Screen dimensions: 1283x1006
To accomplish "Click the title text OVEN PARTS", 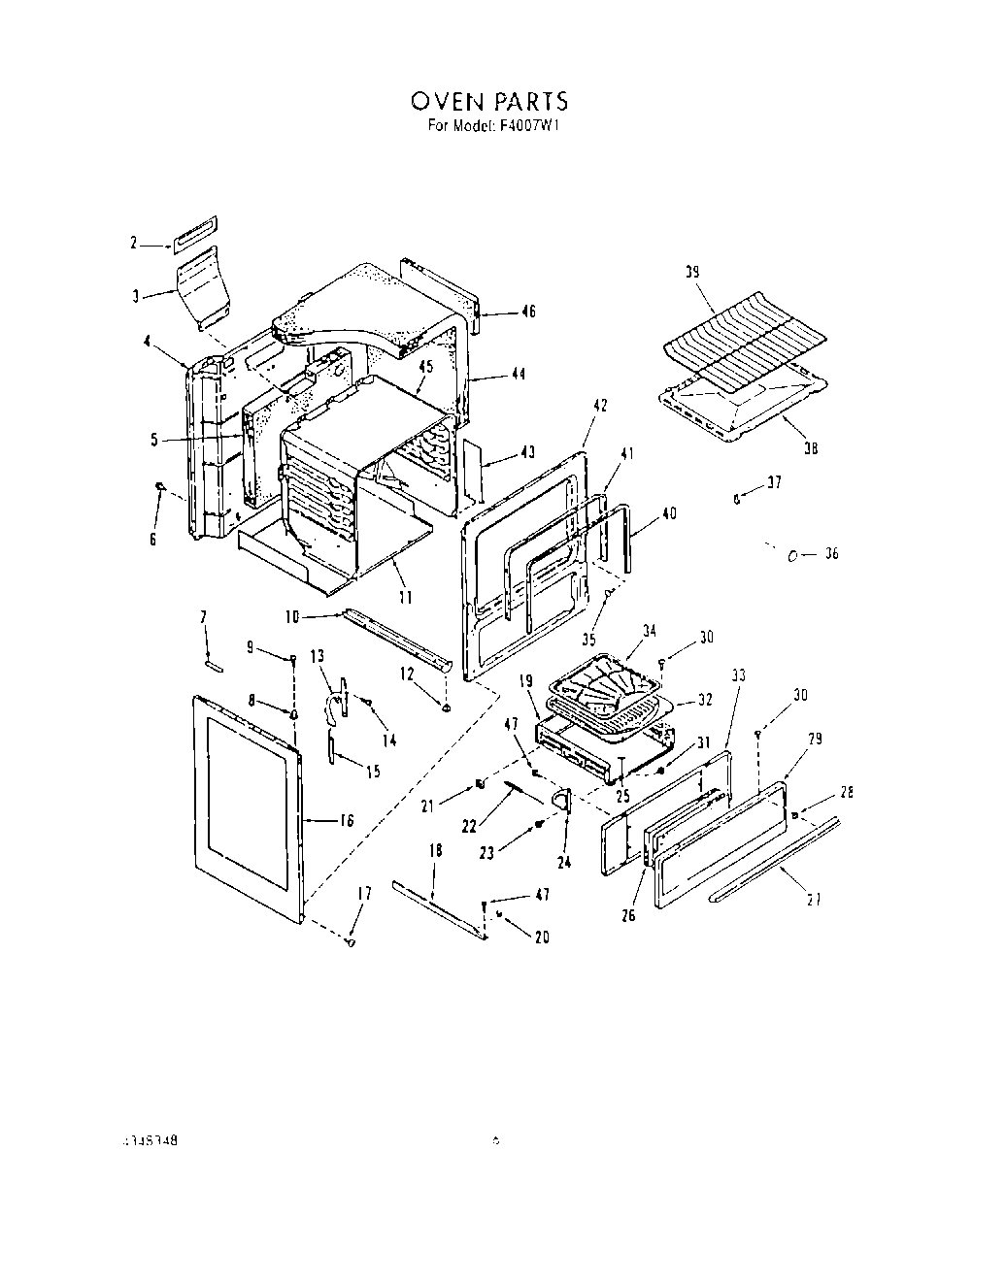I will [488, 102].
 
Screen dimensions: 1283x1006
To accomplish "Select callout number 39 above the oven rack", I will [692, 274].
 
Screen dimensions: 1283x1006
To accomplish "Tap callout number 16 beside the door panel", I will [345, 820].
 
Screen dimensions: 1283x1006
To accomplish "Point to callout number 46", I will [528, 312].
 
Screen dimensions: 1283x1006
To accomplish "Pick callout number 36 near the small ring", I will [830, 554].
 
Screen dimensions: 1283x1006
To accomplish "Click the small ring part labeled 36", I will [792, 555].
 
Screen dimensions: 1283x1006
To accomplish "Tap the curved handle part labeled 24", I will [560, 799].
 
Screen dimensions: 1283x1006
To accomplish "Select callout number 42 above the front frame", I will [600, 406].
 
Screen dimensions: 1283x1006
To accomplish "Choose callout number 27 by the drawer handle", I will [815, 900].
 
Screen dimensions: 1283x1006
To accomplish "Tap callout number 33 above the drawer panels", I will [739, 674].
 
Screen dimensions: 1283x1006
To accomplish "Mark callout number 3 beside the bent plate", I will [136, 296].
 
